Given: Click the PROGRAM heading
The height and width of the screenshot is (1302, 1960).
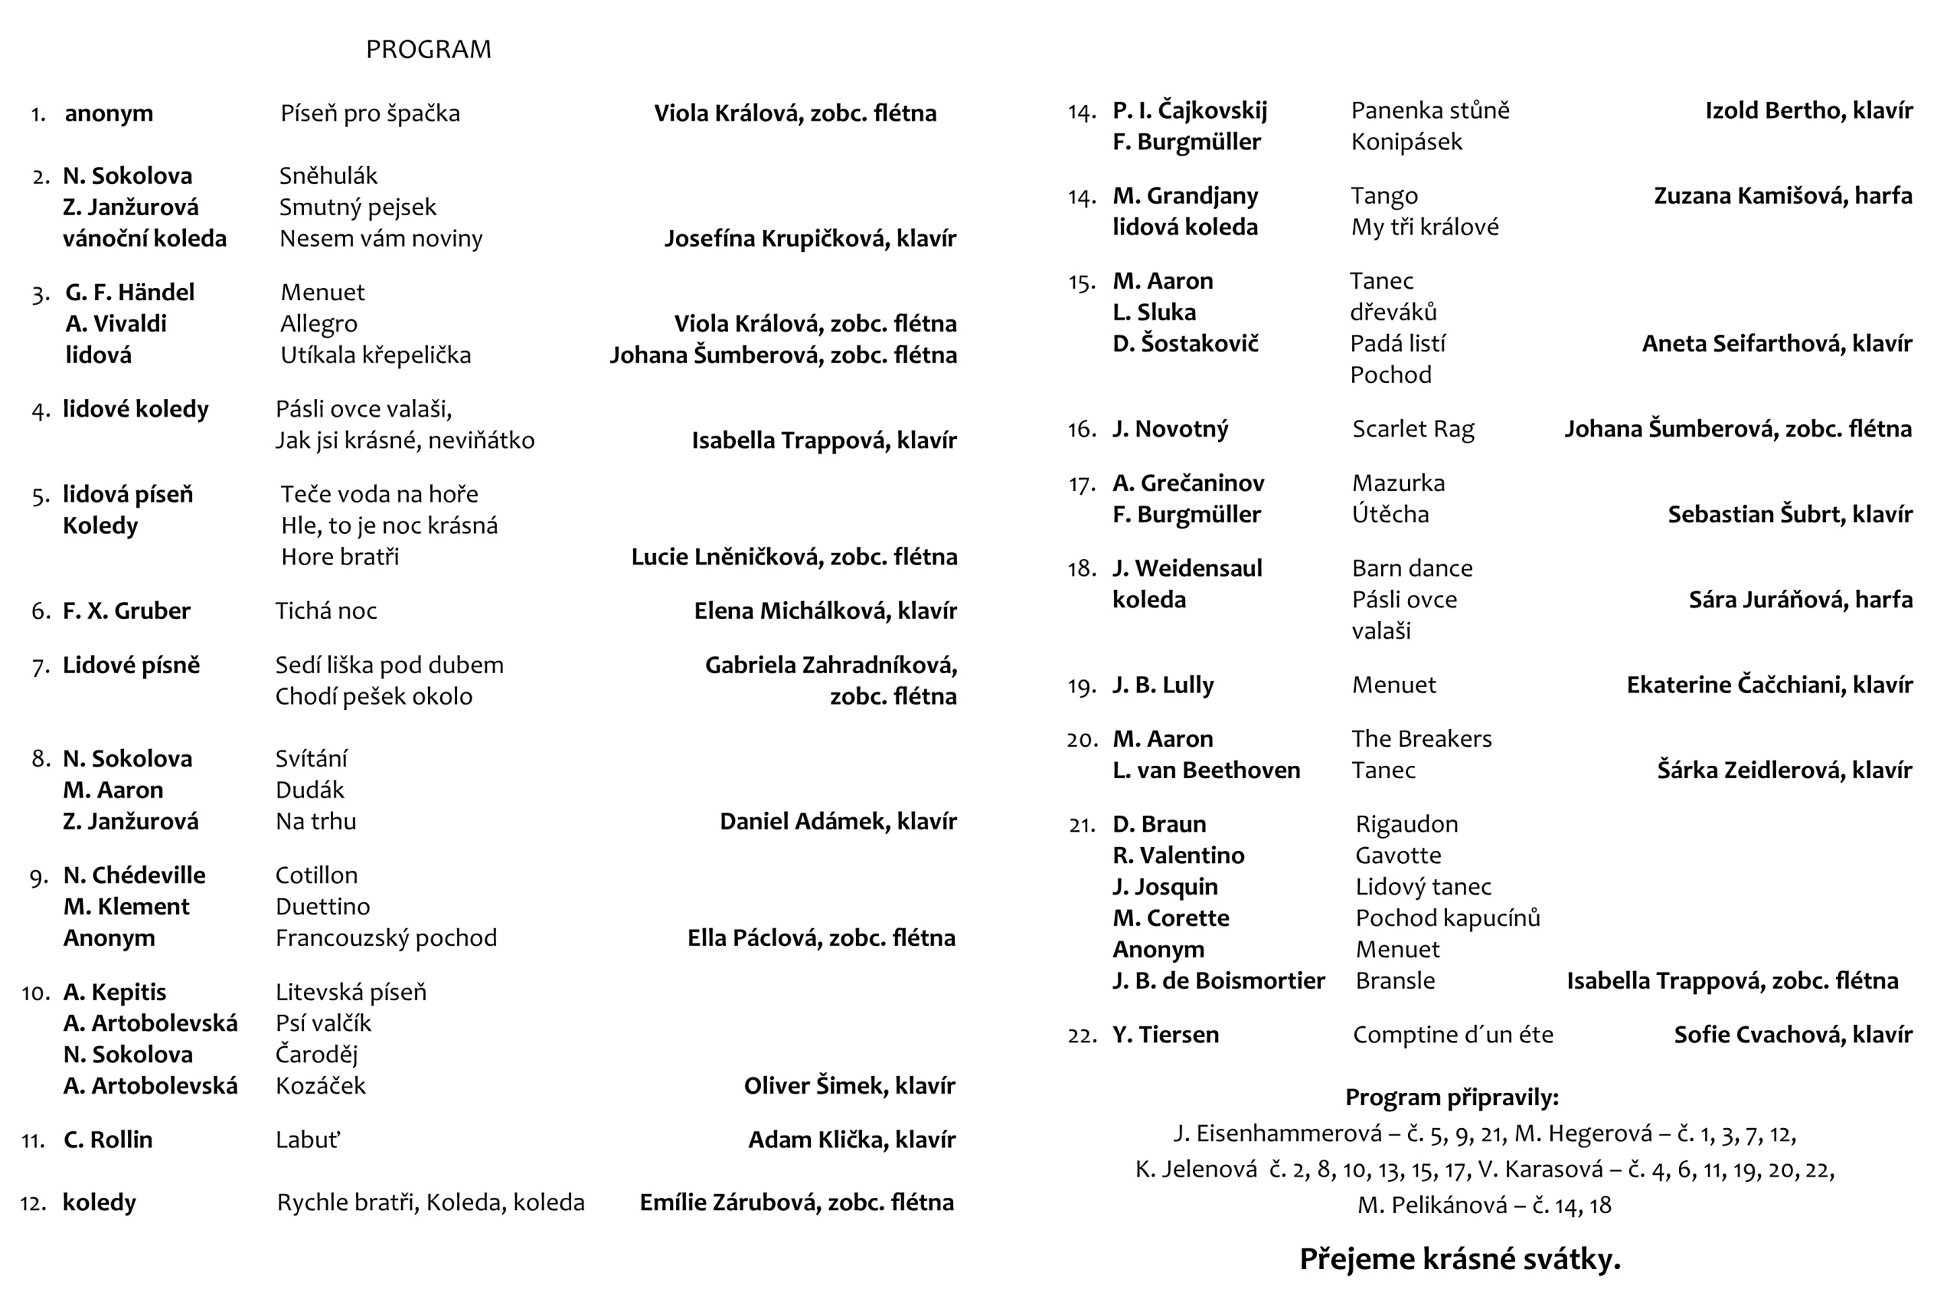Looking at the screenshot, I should (x=428, y=50).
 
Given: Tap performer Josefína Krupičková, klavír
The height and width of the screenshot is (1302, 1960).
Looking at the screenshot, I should (x=810, y=239).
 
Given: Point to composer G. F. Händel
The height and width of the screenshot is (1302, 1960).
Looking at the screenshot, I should (x=130, y=293).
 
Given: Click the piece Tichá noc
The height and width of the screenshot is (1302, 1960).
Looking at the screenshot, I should (x=326, y=611).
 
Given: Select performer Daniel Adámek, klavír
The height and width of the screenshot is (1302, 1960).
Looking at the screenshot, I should (x=838, y=822).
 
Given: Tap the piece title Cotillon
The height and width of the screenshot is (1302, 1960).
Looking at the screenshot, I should (x=316, y=875).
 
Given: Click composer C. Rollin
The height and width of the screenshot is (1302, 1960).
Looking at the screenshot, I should (x=108, y=1140).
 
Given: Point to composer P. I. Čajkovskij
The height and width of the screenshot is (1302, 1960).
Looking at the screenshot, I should (x=1190, y=110).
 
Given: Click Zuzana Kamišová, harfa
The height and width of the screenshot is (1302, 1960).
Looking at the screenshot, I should (x=1782, y=196).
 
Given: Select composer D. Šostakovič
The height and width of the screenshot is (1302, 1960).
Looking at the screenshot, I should (x=1185, y=344).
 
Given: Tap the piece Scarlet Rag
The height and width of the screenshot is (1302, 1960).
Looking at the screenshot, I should (x=1413, y=430).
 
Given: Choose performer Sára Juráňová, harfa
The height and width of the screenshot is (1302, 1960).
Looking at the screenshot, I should (x=1800, y=600).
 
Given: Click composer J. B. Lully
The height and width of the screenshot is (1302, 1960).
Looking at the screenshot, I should (x=1163, y=685).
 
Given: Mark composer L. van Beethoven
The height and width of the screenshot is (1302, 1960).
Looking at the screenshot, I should (x=1206, y=770).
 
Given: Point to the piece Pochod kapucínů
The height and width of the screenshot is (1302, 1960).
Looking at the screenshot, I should (x=1448, y=918).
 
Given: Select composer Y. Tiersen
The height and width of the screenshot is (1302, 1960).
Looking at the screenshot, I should (x=1165, y=1035).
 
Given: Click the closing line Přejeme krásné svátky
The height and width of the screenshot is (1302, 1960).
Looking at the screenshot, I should (x=1459, y=1260).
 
